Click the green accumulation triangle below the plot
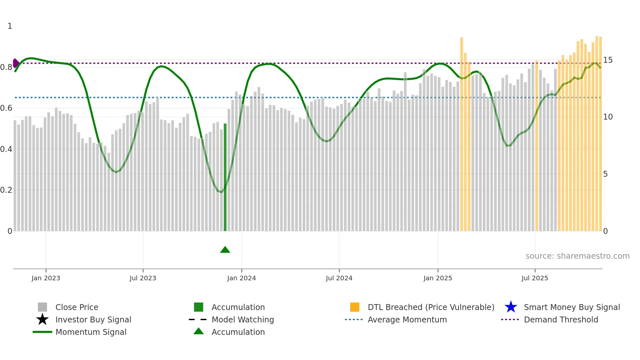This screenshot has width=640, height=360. pos(225,250)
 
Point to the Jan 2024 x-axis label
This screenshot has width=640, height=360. pos(241,278)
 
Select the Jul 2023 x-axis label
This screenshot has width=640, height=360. pos(143,278)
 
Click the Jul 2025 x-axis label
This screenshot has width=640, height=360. pos(535,278)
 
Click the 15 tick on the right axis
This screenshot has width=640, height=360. pos(608,60)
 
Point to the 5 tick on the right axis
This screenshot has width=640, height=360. pos(605,174)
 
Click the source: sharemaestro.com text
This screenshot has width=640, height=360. pos(577,256)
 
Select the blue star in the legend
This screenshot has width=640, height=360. pos(511,307)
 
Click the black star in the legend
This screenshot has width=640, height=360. pos(42,319)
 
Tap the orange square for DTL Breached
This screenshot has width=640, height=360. pos(355,307)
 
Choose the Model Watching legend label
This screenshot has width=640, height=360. pos(243,319)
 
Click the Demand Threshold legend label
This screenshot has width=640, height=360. pos(561,319)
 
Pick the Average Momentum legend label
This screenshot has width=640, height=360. pos(407,319)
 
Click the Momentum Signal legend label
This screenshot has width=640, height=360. pos(91,332)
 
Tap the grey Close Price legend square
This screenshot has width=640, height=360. pos(42,307)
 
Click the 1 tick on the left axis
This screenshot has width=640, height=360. pos(10,26)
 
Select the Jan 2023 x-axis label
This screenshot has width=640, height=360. pos(46,278)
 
